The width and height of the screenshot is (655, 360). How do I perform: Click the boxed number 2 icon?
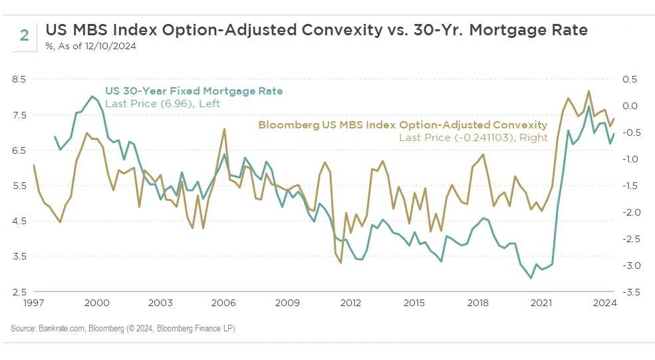(x=24, y=35)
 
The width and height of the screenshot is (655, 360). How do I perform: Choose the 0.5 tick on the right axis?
(x=630, y=79)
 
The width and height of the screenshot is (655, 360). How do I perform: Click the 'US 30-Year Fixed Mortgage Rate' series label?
(x=194, y=91)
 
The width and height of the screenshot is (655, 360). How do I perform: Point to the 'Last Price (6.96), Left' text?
(x=162, y=104)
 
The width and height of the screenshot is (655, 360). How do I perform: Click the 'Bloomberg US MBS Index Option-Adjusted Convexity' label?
(x=402, y=124)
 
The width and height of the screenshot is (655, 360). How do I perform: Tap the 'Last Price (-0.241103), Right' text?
(x=473, y=137)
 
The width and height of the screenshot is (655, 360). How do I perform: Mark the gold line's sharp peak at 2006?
(x=224, y=128)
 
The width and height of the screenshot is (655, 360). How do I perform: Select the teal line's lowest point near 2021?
(x=531, y=278)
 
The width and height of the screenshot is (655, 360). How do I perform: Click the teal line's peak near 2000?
(x=92, y=96)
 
